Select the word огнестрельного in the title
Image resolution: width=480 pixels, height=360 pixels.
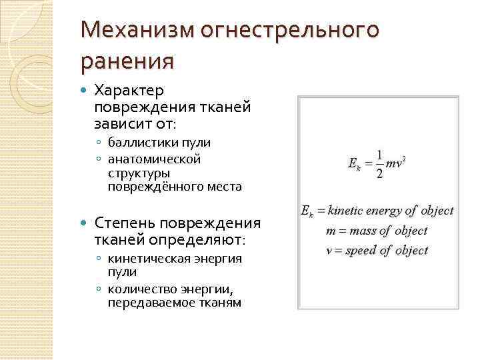[x=293, y=31]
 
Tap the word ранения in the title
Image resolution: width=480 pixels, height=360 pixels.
[x=127, y=61]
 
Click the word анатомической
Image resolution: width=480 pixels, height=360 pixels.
[x=154, y=159]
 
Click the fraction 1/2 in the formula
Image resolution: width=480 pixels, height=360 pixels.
[x=379, y=163]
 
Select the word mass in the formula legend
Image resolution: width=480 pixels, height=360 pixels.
[x=360, y=231]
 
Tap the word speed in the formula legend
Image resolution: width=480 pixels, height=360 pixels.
[x=360, y=251]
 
